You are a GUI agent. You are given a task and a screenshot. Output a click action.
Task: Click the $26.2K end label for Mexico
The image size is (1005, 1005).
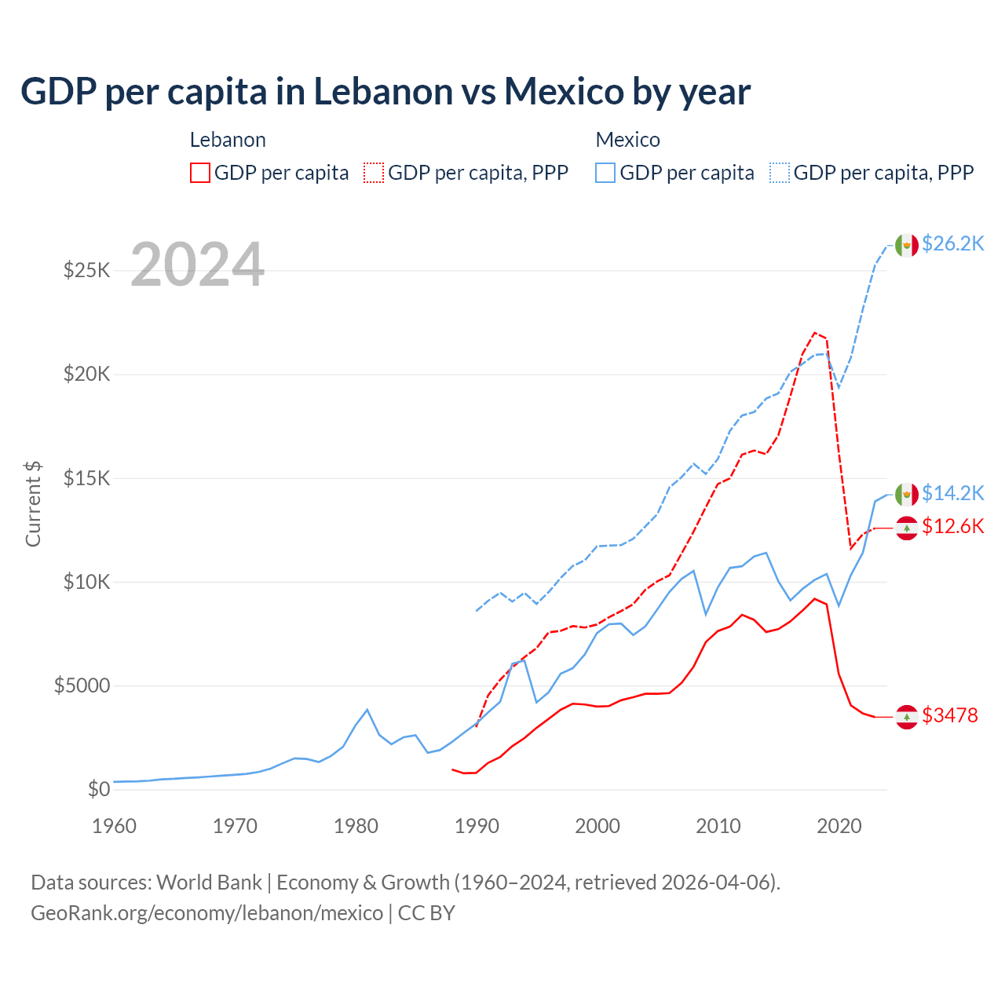coord(952,244)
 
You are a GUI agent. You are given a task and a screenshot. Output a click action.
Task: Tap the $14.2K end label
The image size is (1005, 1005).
coord(952,493)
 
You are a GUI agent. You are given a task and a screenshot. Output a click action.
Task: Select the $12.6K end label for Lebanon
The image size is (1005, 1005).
coord(952,526)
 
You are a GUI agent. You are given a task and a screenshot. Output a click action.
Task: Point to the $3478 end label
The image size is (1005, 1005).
coord(949,715)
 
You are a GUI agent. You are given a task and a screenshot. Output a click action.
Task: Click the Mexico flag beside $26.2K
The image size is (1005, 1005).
coord(907,245)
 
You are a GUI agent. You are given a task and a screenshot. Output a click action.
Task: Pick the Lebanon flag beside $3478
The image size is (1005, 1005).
coord(907,717)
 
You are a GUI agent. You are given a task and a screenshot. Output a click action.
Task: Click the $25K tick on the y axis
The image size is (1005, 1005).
coord(86,271)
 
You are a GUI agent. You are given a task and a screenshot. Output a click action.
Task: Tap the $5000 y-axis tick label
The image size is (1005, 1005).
coord(82,685)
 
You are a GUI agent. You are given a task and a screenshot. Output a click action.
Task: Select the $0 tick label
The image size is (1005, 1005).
coord(98,789)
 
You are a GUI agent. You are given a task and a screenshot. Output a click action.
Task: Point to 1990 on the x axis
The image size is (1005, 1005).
coord(477,826)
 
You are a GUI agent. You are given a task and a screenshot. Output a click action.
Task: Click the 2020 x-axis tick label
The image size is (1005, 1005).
coord(839,826)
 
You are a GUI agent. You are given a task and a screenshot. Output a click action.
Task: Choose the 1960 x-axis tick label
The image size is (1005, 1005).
coord(114,826)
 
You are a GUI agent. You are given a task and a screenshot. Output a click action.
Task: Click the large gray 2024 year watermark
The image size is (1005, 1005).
coord(197,265)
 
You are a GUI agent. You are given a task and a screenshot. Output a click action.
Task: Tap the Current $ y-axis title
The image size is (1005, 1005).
coord(33,504)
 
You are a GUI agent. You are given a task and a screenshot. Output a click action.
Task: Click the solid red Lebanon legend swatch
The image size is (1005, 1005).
coord(200,173)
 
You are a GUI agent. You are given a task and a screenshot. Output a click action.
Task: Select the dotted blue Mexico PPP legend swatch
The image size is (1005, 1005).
coord(780,173)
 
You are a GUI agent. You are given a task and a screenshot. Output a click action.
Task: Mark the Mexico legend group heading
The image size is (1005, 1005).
coord(627,140)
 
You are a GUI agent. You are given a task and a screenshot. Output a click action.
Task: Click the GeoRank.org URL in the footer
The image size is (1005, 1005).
coord(206,913)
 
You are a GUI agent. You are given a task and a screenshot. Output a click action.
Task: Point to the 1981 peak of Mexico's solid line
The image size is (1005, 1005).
coord(367,710)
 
